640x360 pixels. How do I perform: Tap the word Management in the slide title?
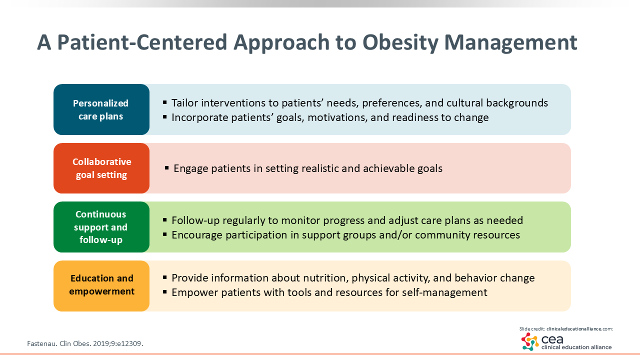coord(511,43)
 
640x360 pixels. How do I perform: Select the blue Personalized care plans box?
coord(101,109)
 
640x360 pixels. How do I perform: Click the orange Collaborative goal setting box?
coord(101,168)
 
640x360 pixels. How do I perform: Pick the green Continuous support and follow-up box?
coord(101,227)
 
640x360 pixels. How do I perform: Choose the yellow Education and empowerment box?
coord(101,285)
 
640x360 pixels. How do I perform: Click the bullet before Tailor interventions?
coord(165,102)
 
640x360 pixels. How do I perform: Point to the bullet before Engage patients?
coord(167,167)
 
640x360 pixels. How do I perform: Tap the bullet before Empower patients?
coord(165,292)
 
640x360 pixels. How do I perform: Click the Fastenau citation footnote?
coord(85,343)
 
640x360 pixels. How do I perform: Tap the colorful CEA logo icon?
coord(530,341)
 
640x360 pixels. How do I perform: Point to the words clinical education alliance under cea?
coord(576,347)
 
